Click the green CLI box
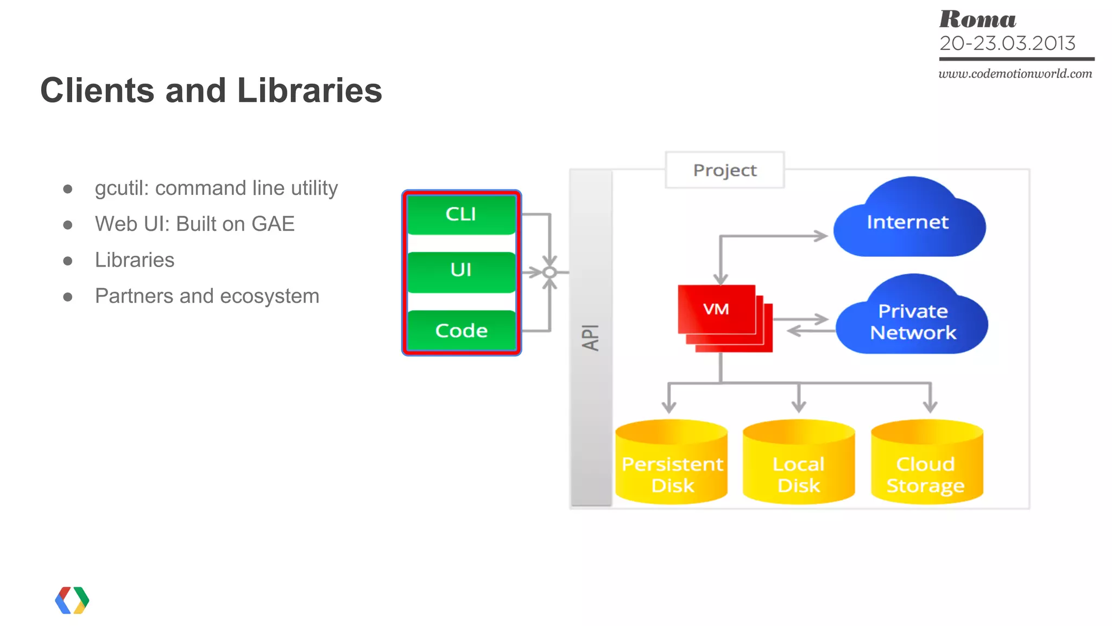tap(461, 214)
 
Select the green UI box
tap(461, 271)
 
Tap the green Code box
tap(461, 330)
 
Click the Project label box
tap(724, 170)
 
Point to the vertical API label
tap(591, 338)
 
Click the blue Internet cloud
tap(908, 222)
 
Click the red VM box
tap(717, 309)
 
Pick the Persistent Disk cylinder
tap(672, 464)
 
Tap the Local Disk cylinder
tap(798, 464)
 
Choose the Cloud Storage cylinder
tap(926, 464)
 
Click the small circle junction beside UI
tap(549, 272)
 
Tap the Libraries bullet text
tap(135, 260)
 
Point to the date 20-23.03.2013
tap(1007, 43)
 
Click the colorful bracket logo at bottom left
tap(72, 600)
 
